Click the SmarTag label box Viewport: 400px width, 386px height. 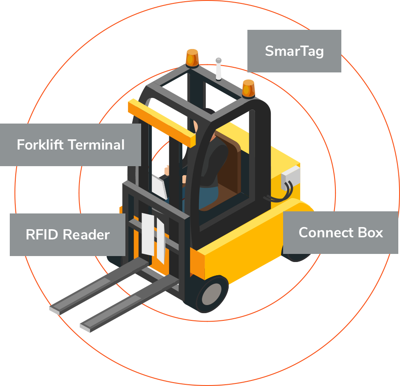click(x=294, y=51)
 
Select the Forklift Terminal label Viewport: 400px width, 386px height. click(x=70, y=145)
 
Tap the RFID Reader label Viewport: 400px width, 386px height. click(x=68, y=234)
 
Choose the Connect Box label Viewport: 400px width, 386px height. click(x=340, y=233)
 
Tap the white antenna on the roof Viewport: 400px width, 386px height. click(x=218, y=69)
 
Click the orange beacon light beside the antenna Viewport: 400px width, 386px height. click(x=192, y=58)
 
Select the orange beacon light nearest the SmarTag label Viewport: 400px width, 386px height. click(x=248, y=88)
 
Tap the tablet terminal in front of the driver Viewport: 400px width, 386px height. click(x=159, y=186)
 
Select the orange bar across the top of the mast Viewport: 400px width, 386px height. click(x=162, y=122)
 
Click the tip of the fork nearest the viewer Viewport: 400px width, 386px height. click(x=85, y=328)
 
